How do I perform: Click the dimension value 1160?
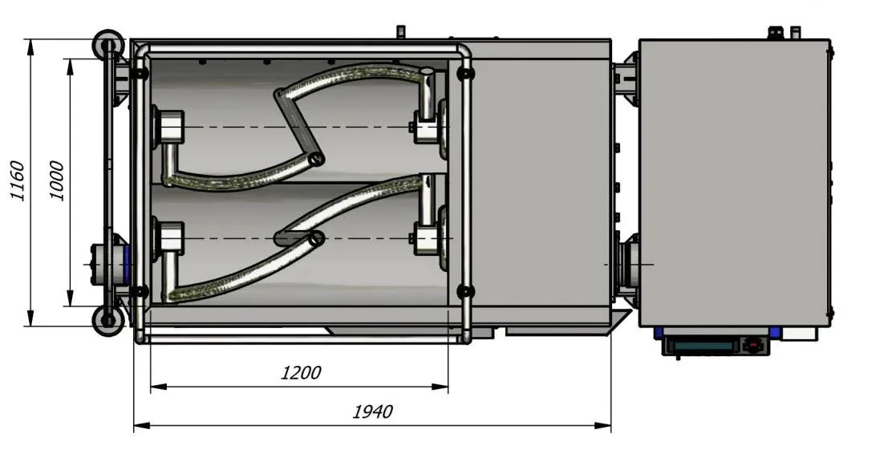(17, 180)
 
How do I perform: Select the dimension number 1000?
(57, 180)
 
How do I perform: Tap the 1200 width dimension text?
(300, 372)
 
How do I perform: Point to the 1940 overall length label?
(372, 411)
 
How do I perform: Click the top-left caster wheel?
(107, 44)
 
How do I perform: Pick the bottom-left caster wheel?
(107, 321)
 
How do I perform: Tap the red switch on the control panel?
(753, 345)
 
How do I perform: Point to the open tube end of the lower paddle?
(316, 239)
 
